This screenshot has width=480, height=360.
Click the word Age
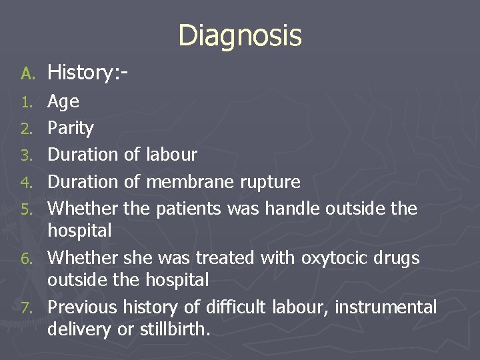click(x=63, y=102)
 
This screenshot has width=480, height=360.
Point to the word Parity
click(x=71, y=129)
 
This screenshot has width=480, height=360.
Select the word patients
click(x=188, y=209)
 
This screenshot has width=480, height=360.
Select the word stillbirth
click(x=173, y=329)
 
